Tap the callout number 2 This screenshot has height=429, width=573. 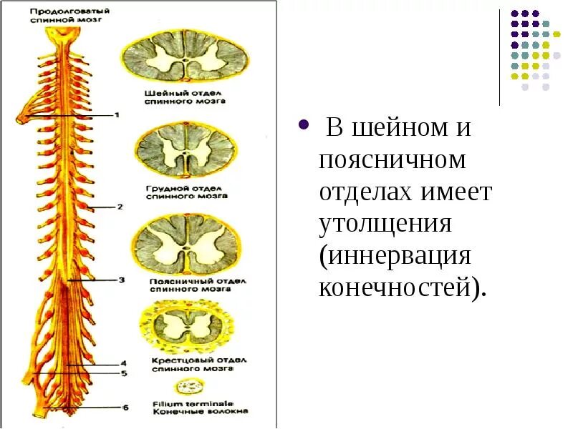coord(120,207)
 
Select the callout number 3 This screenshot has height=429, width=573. coord(122,281)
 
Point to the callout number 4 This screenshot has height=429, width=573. coord(123,363)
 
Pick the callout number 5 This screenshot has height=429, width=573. coord(123,373)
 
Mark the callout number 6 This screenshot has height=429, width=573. coord(125,408)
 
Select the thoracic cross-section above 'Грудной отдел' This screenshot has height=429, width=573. coord(185,152)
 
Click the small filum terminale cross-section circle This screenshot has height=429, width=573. coord(190,388)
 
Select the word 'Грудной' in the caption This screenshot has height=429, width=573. coord(163,188)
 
